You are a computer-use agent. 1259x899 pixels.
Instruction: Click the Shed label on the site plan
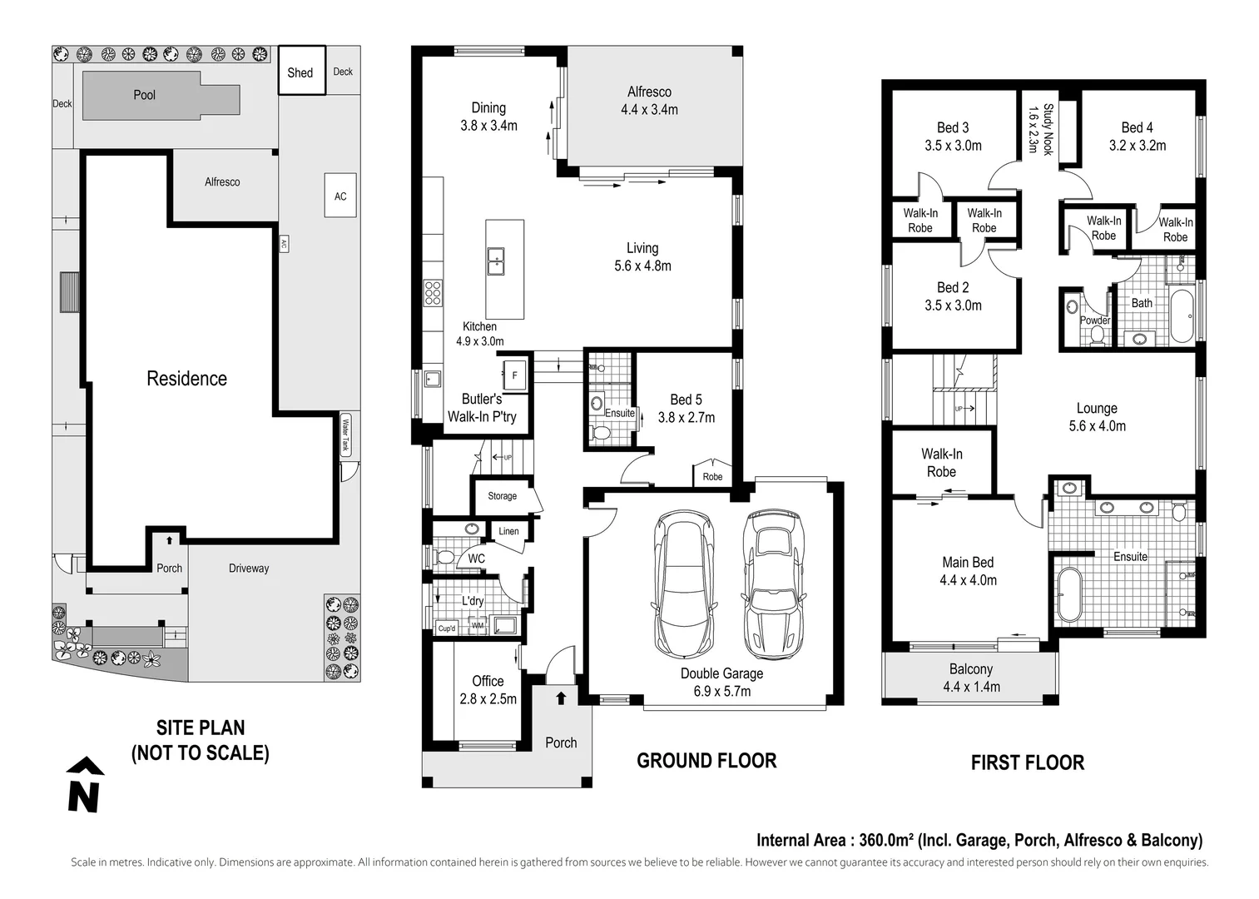coord(300,72)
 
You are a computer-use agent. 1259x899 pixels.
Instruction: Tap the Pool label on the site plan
coord(145,95)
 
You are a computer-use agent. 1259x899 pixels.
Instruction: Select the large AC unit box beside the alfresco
coord(340,195)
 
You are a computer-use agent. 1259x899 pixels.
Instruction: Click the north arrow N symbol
coord(85,786)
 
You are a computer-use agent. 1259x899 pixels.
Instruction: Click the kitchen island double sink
coord(496,261)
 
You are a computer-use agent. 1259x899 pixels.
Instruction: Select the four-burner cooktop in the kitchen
coord(433,293)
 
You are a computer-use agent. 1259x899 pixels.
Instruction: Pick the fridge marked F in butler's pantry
coord(514,375)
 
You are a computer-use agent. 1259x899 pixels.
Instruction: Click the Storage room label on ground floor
coord(502,496)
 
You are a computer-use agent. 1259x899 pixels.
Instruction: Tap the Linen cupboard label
coord(508,531)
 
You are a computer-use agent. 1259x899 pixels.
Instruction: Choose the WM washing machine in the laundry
coord(477,625)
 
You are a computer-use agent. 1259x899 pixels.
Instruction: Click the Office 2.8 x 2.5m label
coord(488,690)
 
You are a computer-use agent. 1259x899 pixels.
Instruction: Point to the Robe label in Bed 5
coord(712,477)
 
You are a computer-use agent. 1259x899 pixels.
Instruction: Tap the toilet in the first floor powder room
coord(1096,335)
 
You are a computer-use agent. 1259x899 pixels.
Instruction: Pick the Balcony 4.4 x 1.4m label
coord(971,678)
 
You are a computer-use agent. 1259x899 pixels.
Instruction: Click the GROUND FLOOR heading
coord(706,761)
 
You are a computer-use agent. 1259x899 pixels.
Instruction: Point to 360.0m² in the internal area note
coord(886,840)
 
